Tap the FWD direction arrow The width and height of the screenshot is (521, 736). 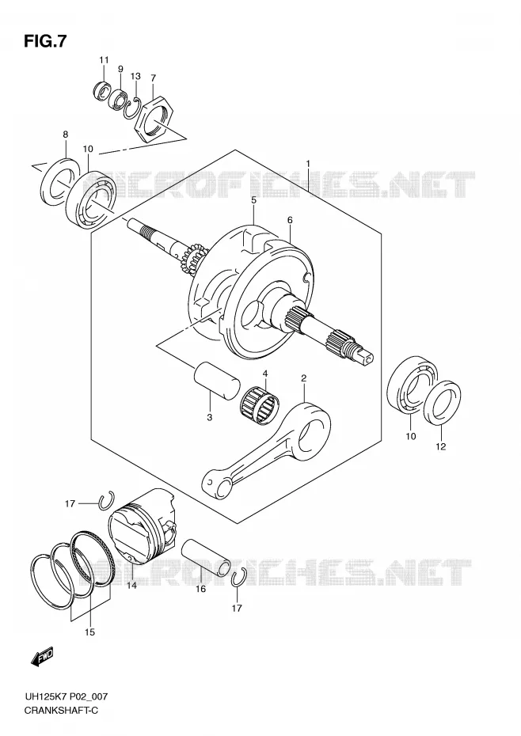pos(42,656)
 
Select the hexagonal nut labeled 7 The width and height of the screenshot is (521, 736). pos(154,120)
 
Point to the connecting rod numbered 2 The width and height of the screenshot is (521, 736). pos(266,450)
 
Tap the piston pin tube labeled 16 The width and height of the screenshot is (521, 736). pos(207,557)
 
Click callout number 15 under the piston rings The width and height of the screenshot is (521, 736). pos(89,632)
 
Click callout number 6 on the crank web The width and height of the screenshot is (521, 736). pos(291,220)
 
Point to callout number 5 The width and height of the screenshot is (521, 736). pos(253,200)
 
